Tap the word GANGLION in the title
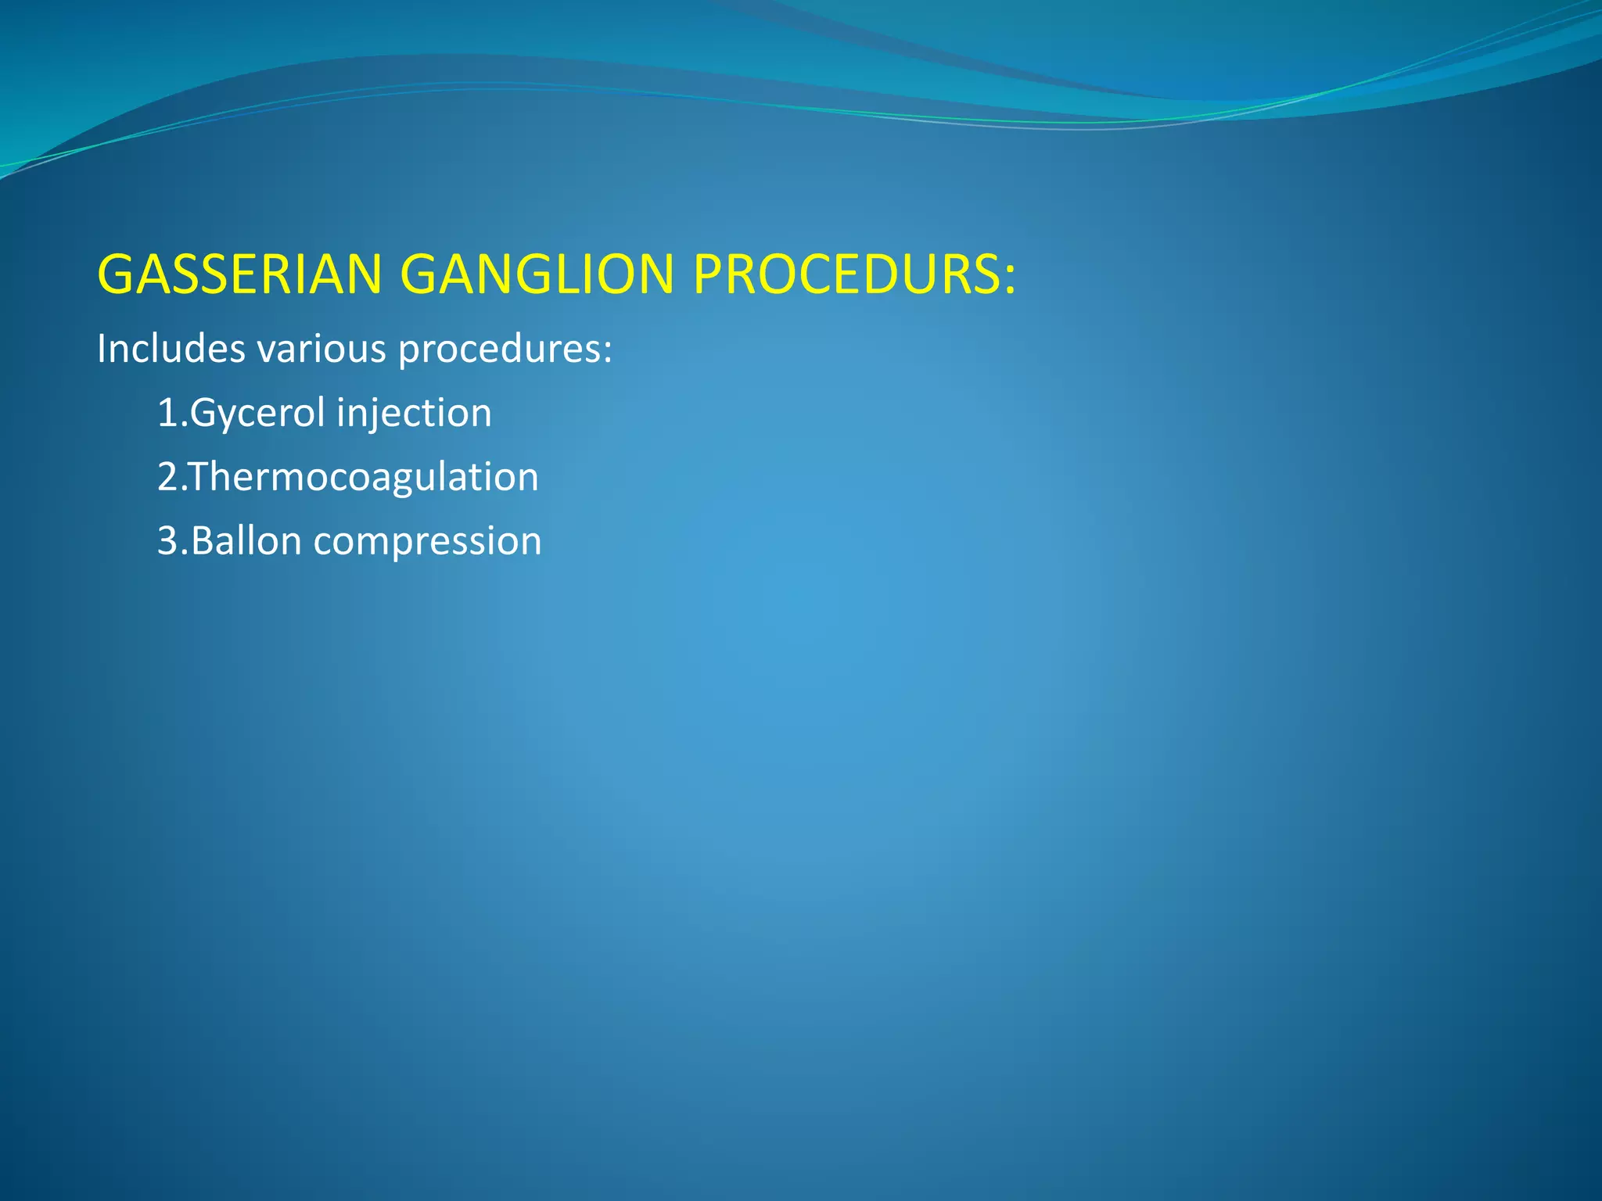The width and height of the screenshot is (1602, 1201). (x=537, y=274)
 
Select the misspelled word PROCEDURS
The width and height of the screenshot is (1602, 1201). (x=843, y=274)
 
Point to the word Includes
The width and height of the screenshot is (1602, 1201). (x=171, y=348)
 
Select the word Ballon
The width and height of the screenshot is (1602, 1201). (x=246, y=541)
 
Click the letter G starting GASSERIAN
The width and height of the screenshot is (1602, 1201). (x=116, y=274)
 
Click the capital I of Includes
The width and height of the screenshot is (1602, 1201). (x=101, y=348)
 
